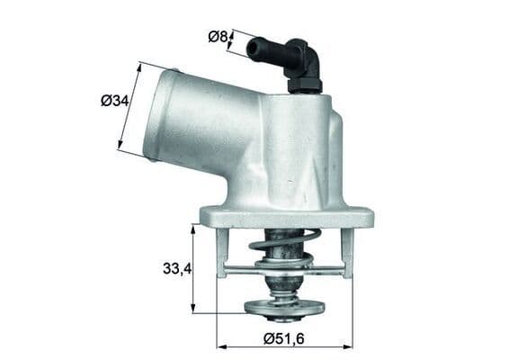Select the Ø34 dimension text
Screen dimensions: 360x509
[x=114, y=101]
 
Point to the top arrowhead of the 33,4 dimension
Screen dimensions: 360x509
[x=193, y=228]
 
